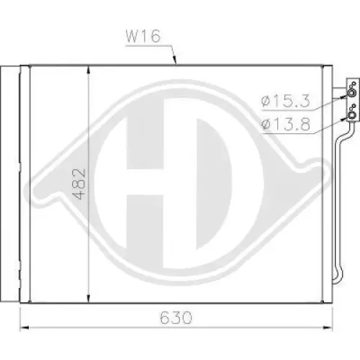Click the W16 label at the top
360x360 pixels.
click(143, 37)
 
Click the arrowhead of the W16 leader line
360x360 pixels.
click(175, 60)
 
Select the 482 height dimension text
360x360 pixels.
click(79, 184)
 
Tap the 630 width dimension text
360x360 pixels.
click(176, 318)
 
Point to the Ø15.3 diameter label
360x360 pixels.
click(286, 101)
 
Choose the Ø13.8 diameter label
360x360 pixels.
click(286, 125)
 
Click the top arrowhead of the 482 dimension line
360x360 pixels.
click(89, 70)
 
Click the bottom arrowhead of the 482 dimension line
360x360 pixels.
click(89, 299)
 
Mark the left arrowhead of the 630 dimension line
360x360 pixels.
click(24, 328)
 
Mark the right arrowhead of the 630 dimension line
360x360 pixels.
click(328, 328)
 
